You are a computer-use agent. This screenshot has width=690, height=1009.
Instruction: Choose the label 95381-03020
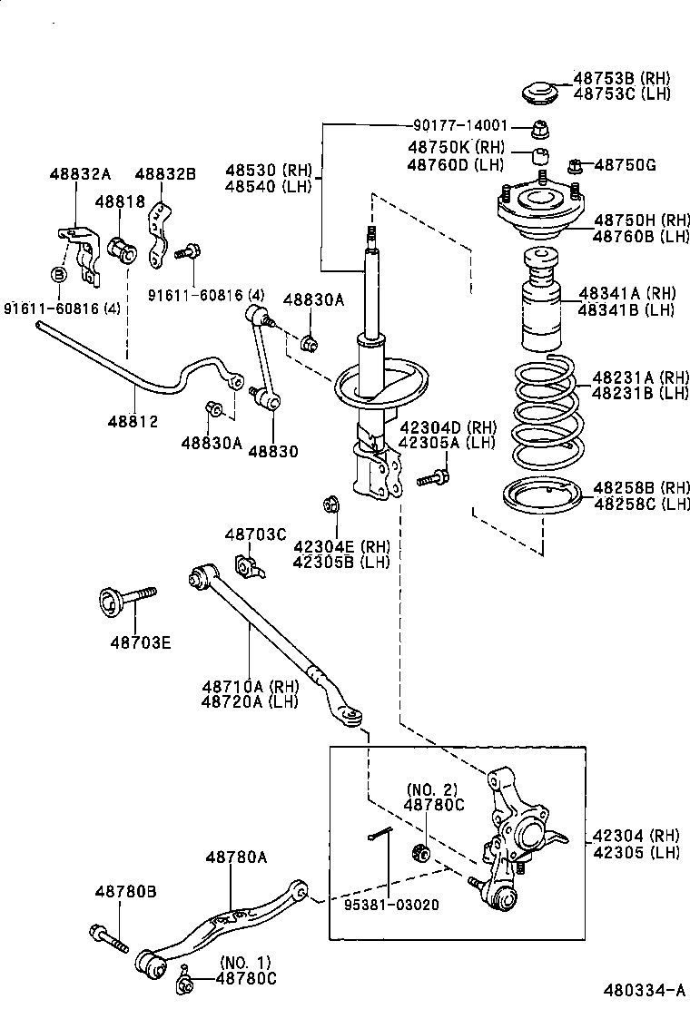(x=390, y=905)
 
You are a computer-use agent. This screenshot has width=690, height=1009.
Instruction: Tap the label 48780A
(x=235, y=856)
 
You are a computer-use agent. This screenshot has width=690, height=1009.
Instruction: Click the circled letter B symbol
(x=58, y=273)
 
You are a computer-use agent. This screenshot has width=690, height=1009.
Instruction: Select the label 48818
(x=120, y=201)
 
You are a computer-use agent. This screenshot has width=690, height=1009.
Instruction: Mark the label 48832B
(x=165, y=174)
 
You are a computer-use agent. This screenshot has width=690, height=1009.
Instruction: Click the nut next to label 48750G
(x=575, y=165)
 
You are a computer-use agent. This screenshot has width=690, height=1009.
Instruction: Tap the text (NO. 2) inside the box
(x=431, y=789)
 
